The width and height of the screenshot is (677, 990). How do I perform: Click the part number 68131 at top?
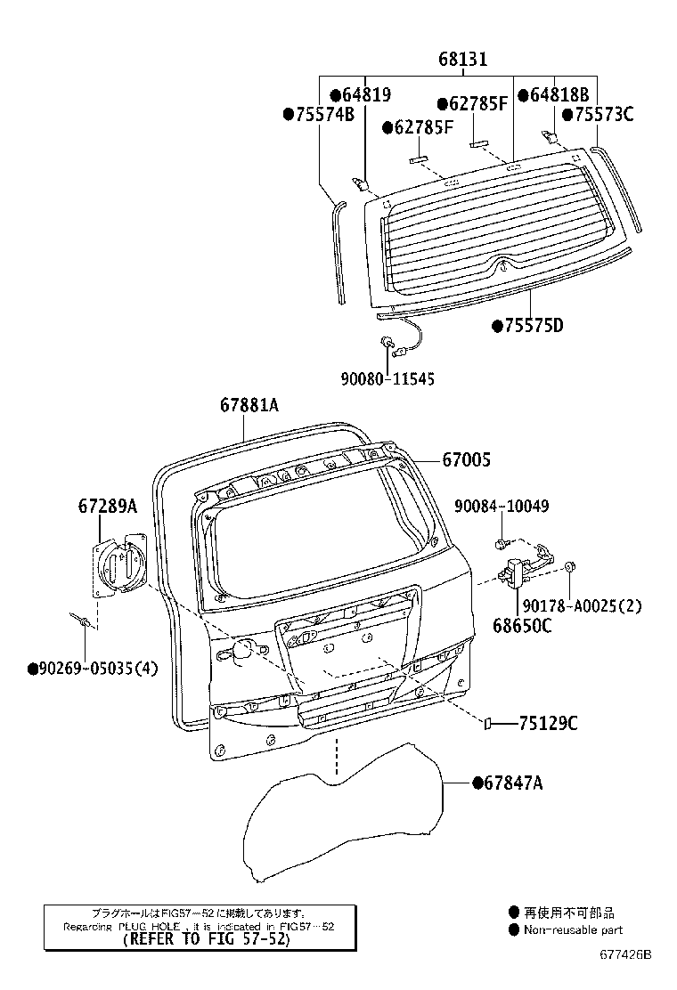(x=462, y=61)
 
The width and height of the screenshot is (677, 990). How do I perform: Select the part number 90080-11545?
(x=387, y=378)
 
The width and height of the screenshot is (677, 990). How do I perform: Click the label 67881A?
(x=250, y=406)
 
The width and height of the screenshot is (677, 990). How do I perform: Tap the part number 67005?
(x=467, y=459)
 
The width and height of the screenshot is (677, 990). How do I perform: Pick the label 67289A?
(x=108, y=506)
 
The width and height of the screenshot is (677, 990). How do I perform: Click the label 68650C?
(x=522, y=625)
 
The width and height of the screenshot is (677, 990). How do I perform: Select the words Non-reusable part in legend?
(x=573, y=930)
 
